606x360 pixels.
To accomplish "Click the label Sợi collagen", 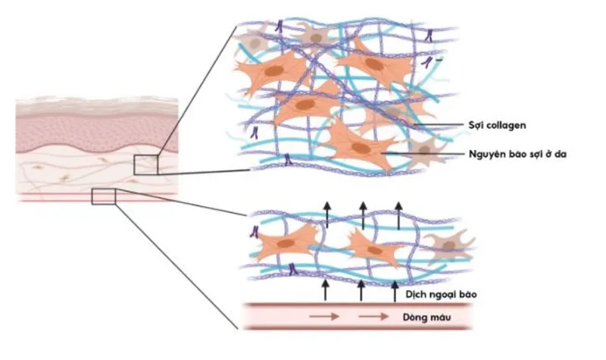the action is coord(497,125).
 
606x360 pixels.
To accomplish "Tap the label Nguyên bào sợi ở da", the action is coord(517,154).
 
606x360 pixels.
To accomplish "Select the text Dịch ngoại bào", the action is coord(441,295).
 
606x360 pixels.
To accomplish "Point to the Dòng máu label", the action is coord(426,318).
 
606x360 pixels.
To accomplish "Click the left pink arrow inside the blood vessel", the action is coord(324,317).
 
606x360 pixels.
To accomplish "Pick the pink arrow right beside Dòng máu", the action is coord(373,317).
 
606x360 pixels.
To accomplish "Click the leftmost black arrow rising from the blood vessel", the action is coord(326,290).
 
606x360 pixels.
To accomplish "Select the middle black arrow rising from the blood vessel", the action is coord(361,290).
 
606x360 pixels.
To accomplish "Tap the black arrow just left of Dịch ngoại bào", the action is coord(395,291).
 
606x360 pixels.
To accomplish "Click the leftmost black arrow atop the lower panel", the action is coord(327,214).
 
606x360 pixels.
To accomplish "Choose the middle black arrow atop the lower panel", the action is coord(363,214).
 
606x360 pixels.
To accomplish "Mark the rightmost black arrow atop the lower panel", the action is coord(398,215).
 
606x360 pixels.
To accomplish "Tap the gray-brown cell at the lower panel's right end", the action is coord(448,245).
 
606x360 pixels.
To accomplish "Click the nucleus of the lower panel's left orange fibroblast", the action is coord(286,243).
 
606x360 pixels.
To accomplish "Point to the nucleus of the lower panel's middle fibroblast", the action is coord(374,250).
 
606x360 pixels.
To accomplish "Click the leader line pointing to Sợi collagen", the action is coord(438,125).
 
